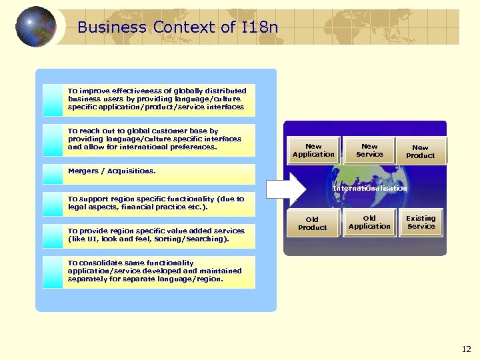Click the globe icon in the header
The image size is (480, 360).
tap(35, 27)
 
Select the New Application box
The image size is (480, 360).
tap(313, 151)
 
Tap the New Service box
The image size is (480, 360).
tap(369, 151)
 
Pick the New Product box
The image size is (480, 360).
tap(420, 151)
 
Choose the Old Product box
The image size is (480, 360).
tap(312, 223)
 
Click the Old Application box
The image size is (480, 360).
tap(369, 222)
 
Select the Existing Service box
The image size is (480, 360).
tap(421, 222)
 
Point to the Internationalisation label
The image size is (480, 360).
tap(369, 189)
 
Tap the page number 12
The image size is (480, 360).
tap(466, 349)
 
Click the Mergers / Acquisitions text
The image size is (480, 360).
tap(112, 171)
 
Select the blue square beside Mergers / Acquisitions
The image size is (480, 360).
tap(52, 174)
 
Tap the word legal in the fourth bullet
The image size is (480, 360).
tap(79, 207)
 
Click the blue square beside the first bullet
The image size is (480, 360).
tap(52, 100)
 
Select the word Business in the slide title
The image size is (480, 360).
tap(111, 27)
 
